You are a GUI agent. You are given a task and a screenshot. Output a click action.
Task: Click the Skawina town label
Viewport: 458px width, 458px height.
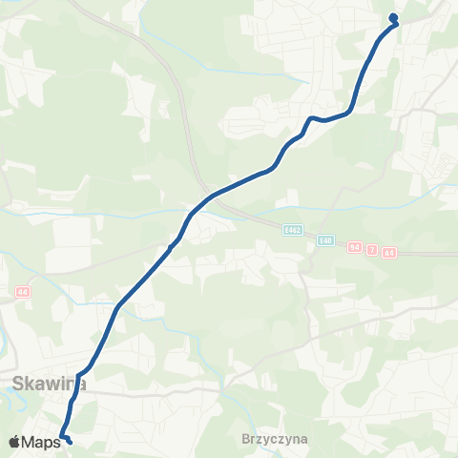click(x=50, y=385)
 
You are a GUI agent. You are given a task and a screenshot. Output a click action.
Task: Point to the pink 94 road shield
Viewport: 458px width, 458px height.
click(x=356, y=247)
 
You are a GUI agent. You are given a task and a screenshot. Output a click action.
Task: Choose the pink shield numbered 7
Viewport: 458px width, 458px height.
click(x=373, y=250)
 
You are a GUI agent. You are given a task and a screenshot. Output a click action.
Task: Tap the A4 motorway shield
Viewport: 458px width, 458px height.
click(x=388, y=252)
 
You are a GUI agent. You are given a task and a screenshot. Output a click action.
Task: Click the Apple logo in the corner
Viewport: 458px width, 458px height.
click(x=14, y=442)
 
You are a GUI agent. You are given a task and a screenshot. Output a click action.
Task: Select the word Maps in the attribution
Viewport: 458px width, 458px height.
click(x=41, y=442)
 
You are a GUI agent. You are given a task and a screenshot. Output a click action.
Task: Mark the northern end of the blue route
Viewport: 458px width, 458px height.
click(x=393, y=15)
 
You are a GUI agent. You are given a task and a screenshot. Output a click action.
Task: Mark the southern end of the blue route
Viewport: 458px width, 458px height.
click(x=70, y=441)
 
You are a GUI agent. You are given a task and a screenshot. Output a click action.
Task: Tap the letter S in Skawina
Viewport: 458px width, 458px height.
click(x=18, y=385)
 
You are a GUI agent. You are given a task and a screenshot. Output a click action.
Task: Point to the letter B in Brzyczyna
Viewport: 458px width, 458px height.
click(x=246, y=441)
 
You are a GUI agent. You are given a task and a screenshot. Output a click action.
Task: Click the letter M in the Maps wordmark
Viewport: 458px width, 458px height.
click(x=29, y=442)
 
